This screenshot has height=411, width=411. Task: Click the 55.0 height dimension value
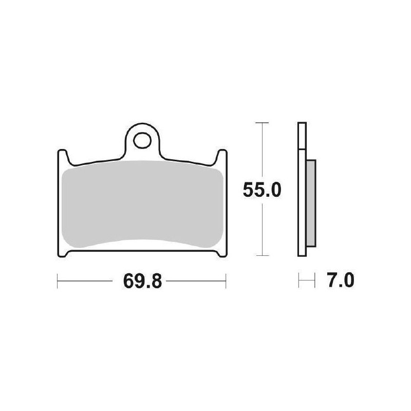click(262, 191)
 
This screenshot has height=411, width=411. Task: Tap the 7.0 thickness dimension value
click(340, 281)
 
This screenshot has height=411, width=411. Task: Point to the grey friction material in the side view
click(311, 202)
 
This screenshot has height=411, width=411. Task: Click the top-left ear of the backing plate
click(62, 154)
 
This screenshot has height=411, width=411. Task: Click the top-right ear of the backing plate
click(221, 154)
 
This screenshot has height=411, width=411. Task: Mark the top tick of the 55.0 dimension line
click(263, 123)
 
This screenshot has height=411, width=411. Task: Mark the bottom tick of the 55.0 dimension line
click(263, 256)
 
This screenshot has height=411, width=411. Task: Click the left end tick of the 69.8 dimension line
click(57, 281)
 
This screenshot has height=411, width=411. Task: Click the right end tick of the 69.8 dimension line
click(226, 281)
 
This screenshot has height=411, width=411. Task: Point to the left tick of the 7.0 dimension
click(299, 281)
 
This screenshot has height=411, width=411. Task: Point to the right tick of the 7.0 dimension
click(313, 281)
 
